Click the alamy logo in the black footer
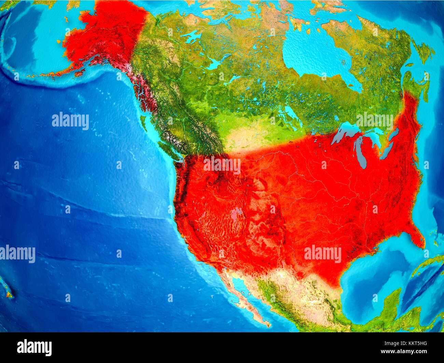[34, 348]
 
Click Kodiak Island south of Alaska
[79, 73]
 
